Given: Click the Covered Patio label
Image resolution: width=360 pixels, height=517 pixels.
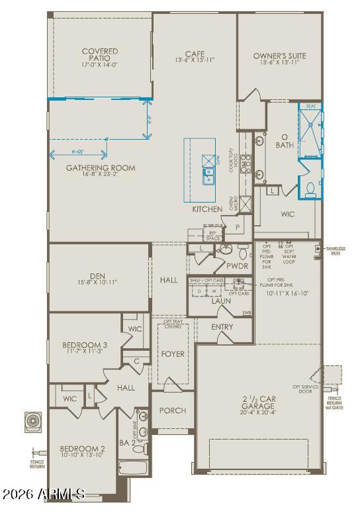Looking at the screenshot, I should (100, 55).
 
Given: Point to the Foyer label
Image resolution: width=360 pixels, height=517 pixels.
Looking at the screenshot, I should (173, 354).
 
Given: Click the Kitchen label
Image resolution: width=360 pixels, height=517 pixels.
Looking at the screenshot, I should (207, 209).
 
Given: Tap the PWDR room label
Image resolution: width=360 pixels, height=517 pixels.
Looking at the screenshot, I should (237, 266).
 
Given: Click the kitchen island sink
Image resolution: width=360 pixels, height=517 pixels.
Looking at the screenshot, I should (208, 177).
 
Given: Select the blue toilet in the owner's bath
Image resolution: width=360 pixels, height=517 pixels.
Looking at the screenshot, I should (309, 189).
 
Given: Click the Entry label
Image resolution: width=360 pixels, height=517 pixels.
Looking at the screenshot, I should (222, 327).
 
